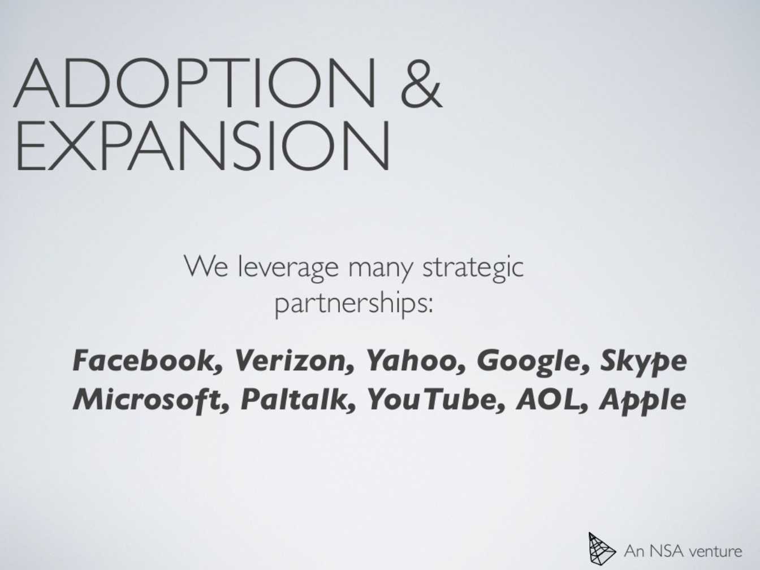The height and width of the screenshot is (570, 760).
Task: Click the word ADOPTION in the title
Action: [195, 83]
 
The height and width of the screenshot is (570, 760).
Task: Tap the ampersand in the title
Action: [421, 83]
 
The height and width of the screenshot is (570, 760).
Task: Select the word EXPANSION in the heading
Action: [203, 145]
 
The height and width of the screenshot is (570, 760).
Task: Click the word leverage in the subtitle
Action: [288, 267]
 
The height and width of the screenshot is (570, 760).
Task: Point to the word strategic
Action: [473, 267]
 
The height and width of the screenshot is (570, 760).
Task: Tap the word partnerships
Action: [354, 303]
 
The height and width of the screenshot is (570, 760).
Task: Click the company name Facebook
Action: [147, 361]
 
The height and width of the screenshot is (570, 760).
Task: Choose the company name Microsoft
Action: [151, 399]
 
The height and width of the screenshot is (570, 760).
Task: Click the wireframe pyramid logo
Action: [602, 548]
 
